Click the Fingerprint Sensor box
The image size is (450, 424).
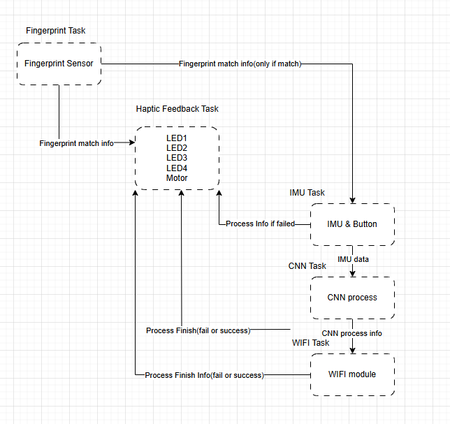click(x=59, y=64)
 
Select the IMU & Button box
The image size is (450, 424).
click(x=352, y=224)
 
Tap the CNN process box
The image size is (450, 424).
click(x=352, y=298)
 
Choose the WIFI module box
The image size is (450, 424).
click(x=352, y=374)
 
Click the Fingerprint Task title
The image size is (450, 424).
click(x=56, y=31)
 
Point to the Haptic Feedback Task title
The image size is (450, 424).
click(x=177, y=109)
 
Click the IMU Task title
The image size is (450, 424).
click(x=307, y=192)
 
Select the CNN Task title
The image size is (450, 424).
click(x=307, y=266)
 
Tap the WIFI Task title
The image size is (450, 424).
click(x=311, y=343)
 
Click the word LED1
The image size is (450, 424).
click(x=177, y=138)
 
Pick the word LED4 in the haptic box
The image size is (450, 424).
click(x=177, y=168)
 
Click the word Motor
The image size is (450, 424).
click(x=177, y=177)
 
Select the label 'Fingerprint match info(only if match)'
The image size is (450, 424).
click(x=240, y=64)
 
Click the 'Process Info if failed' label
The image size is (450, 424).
click(x=260, y=224)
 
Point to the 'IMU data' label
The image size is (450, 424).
click(x=354, y=259)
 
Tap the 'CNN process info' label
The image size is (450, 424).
click(x=352, y=333)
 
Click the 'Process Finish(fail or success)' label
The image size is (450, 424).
click(x=198, y=330)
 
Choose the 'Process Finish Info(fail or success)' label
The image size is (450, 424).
click(x=204, y=375)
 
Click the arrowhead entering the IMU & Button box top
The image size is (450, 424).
click(x=353, y=200)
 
